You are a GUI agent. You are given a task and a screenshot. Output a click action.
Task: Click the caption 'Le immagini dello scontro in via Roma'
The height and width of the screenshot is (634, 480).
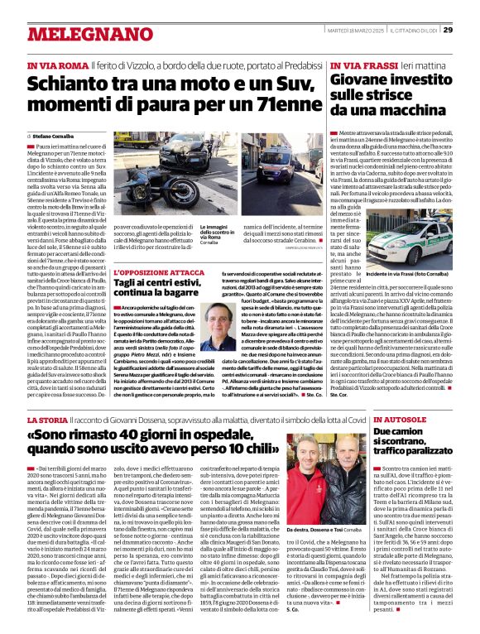coord(218,233)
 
